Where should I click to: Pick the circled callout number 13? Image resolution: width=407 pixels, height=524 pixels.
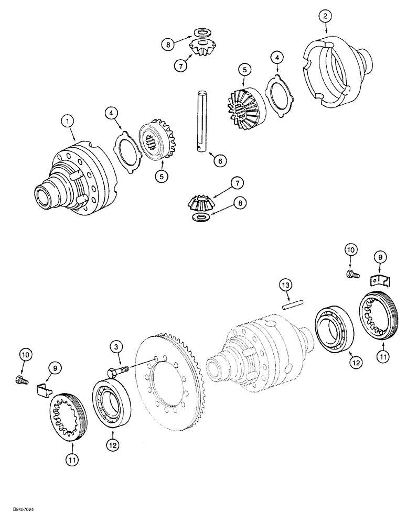point(284,286)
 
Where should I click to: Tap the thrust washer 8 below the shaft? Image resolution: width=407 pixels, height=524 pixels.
point(200,216)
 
